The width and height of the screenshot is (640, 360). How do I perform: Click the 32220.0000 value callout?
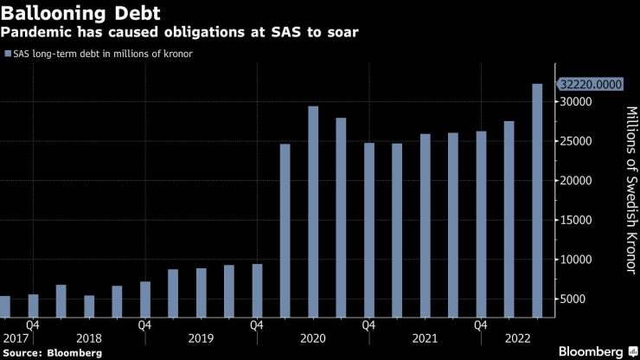pos(590,85)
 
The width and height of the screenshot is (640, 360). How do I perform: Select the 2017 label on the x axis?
pos(15,338)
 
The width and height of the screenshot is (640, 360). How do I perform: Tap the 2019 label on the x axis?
pos(202,338)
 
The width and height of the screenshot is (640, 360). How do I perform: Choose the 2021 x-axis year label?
pos(425,338)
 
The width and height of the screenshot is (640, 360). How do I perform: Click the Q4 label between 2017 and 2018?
pos(34,325)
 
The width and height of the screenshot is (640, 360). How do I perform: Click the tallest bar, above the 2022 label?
pos(537,200)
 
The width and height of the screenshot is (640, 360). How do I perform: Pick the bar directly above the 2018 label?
pos(89,306)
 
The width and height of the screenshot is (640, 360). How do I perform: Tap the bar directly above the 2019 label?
pos(202,292)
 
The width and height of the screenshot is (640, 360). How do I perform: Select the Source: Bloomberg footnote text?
pos(53,353)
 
